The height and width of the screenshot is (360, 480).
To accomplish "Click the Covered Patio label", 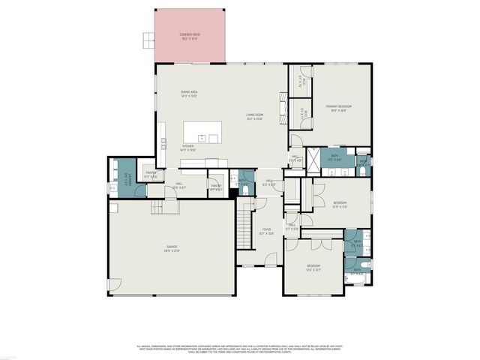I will coord(190,36).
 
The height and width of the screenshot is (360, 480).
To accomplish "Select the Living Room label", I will coord(255,116).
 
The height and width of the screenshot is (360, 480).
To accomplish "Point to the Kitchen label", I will coord(187,148).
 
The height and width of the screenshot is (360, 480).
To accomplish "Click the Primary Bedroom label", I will coord(338,108).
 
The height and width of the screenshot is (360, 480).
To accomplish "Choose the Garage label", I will coord(172,248).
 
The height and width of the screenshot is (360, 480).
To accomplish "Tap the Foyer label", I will coord(266,232).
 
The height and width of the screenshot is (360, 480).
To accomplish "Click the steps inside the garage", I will coord(164,206).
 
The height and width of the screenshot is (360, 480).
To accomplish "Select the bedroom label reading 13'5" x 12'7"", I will coord(313,268).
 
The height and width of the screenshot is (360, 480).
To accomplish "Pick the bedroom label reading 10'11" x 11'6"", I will coord(340,205).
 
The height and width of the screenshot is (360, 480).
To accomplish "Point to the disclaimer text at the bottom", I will coord(239,349).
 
